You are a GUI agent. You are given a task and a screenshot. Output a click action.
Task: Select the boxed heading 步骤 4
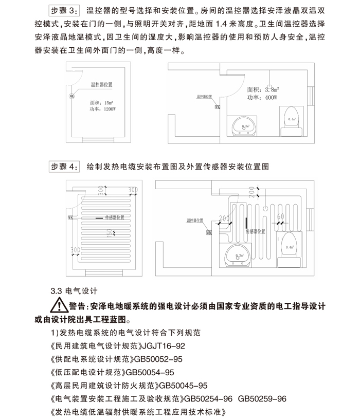[x=63, y=166]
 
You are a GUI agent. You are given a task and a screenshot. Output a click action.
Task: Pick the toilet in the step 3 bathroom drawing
[x=292, y=119]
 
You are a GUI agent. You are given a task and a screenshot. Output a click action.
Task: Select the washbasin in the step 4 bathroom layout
[x=238, y=254]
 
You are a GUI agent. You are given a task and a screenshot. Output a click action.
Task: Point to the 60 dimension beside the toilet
[x=281, y=217]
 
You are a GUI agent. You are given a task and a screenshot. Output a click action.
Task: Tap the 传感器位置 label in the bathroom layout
[x=255, y=232]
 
